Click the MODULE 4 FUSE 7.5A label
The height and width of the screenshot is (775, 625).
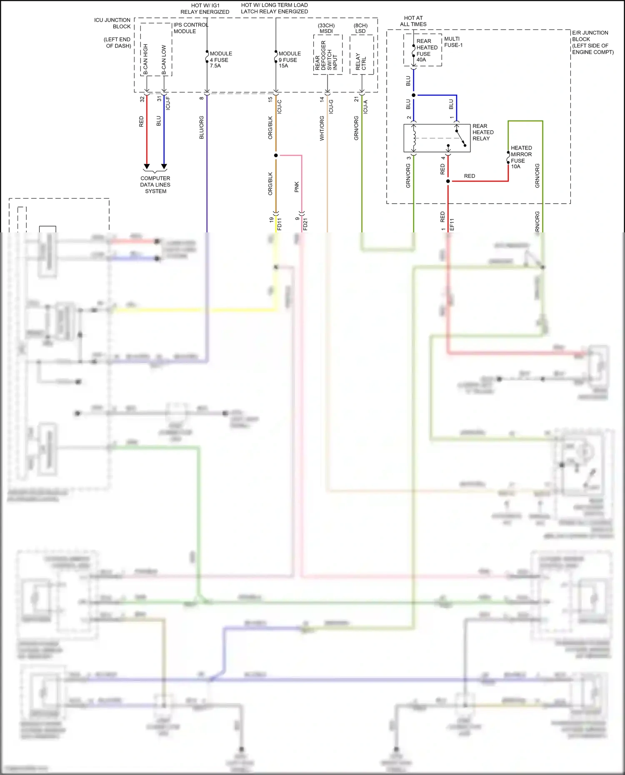coord(220,60)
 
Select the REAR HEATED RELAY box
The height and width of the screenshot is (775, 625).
coord(437,138)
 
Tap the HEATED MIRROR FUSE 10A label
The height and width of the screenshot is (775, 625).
coord(521,157)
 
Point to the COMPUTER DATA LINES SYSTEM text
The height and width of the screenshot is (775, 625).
coord(155,184)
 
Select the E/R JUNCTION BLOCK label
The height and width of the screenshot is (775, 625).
coord(592,42)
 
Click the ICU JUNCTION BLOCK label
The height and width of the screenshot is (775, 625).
coord(112,23)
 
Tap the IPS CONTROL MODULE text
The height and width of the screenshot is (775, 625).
coord(190,28)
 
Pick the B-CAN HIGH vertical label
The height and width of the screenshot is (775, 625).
coord(145,59)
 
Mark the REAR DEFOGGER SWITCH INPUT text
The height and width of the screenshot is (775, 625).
coord(326,55)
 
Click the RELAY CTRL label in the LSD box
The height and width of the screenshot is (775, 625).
coord(361,61)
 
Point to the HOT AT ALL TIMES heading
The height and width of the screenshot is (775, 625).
coord(413,21)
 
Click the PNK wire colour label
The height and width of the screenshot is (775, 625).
coord(297,187)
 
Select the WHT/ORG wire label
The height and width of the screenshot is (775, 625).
coord(322,128)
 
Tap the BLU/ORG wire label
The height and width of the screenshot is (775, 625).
coord(202,127)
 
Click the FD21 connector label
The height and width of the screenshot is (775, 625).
coord(305,224)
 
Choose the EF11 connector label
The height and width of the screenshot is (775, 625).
coord(452,224)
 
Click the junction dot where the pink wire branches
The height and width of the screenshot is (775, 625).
coord(276,155)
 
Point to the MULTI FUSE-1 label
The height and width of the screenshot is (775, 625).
coord(453,42)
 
